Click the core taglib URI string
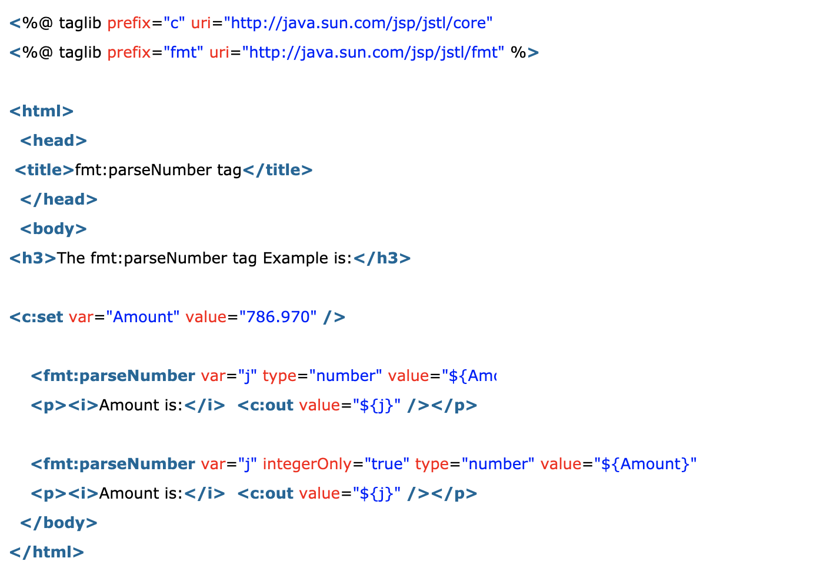(x=358, y=23)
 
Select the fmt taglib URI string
(x=373, y=52)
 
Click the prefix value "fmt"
(x=183, y=52)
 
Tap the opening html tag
(x=41, y=111)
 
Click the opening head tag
(x=54, y=141)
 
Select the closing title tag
(x=278, y=170)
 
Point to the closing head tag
(x=59, y=199)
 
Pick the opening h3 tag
(x=32, y=258)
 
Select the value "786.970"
(x=278, y=317)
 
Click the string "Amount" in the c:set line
(x=142, y=317)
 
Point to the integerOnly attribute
(x=307, y=464)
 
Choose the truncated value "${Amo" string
(x=469, y=376)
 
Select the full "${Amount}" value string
(x=645, y=464)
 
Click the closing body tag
(x=59, y=523)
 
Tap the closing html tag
(x=46, y=552)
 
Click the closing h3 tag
(x=382, y=258)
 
